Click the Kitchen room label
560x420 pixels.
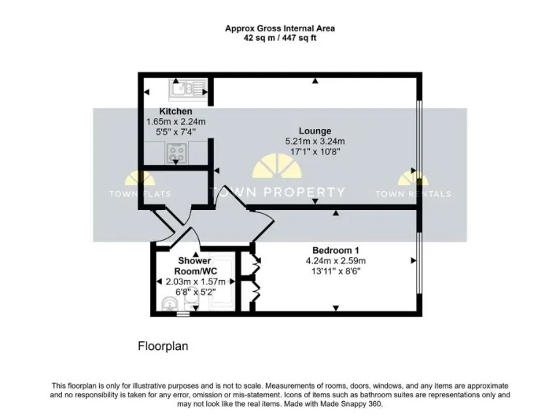click(x=176, y=112)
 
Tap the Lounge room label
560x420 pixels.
click(x=314, y=131)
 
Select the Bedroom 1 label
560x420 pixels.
click(x=335, y=250)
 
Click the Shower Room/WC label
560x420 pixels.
click(x=194, y=265)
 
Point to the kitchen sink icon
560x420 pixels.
click(x=187, y=90)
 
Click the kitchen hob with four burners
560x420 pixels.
click(x=176, y=153)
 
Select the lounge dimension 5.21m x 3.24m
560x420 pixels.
click(x=314, y=141)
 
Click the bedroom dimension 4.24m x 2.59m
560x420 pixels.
click(x=335, y=260)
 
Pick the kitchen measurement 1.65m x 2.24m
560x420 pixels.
click(x=176, y=122)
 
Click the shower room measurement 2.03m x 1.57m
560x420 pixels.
click(x=194, y=281)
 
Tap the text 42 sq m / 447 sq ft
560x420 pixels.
click(x=280, y=38)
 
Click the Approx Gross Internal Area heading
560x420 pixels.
click(x=280, y=28)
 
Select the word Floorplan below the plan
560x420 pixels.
click(x=163, y=346)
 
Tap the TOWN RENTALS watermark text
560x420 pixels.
click(x=413, y=194)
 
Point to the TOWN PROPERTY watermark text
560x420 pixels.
click(x=278, y=192)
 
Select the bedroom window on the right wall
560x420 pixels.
click(x=419, y=260)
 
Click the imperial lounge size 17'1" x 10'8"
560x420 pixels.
click(x=314, y=152)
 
